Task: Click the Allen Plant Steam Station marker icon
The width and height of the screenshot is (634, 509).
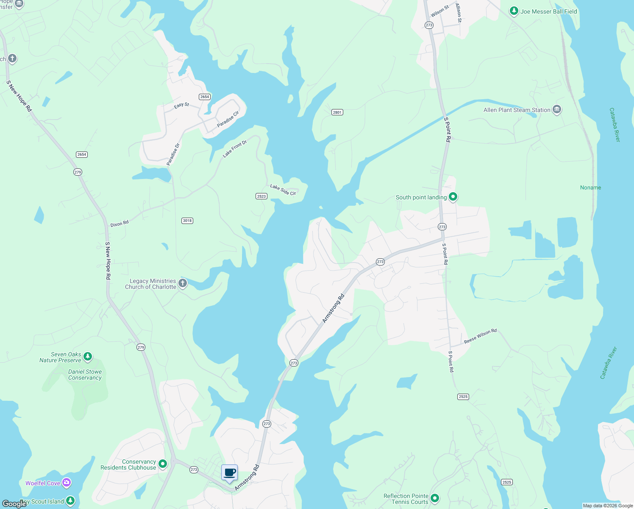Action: [557, 109]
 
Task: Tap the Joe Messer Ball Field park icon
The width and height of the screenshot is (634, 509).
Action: [514, 11]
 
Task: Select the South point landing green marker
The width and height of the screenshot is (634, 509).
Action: [453, 197]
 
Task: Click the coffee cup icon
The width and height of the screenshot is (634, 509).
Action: [229, 473]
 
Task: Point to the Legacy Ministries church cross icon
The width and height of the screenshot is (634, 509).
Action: [183, 283]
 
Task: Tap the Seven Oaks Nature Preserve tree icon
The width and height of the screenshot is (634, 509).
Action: [88, 357]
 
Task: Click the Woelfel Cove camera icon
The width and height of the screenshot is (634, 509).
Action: [67, 483]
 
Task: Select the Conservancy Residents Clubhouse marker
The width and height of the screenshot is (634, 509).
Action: [163, 464]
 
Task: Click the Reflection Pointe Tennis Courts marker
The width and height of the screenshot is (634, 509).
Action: [434, 498]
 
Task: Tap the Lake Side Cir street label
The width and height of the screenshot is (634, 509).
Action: [283, 190]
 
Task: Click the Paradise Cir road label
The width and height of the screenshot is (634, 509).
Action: [228, 119]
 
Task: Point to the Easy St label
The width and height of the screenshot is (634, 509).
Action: [181, 105]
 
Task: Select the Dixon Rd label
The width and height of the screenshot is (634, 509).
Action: [120, 224]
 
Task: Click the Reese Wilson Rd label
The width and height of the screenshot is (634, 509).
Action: [480, 336]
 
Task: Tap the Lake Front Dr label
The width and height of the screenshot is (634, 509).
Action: [235, 149]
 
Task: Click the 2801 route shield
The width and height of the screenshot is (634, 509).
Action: [337, 112]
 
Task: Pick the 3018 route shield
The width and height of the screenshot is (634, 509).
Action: [187, 221]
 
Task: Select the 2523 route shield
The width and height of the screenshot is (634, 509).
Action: [261, 196]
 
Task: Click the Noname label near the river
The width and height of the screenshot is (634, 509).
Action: [590, 187]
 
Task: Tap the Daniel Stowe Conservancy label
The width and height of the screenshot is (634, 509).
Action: [85, 375]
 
